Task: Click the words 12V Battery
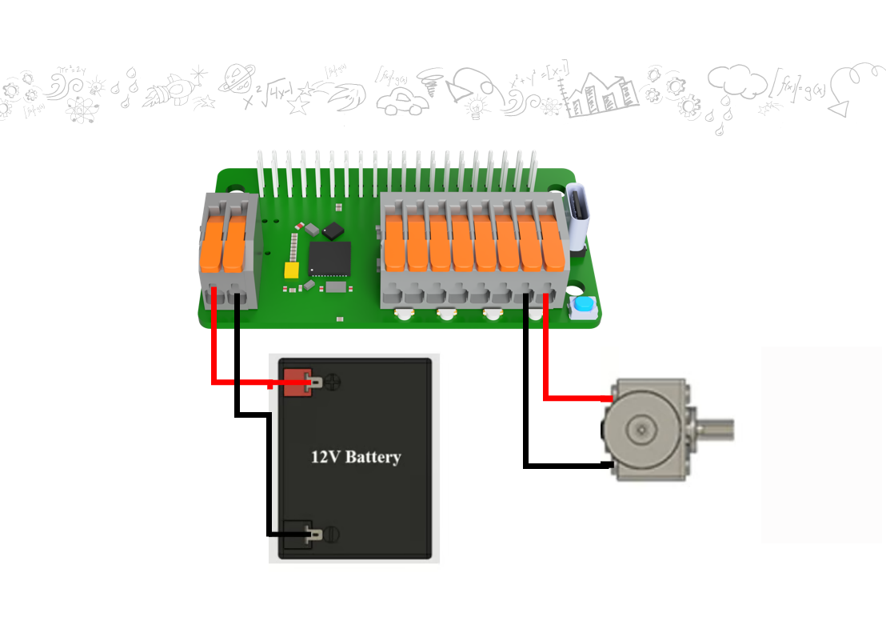tap(355, 457)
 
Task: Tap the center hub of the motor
tap(641, 430)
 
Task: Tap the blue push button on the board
tap(585, 306)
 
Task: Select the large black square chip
tap(329, 258)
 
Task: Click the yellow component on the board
tap(292, 270)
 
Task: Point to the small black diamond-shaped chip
tap(333, 230)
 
